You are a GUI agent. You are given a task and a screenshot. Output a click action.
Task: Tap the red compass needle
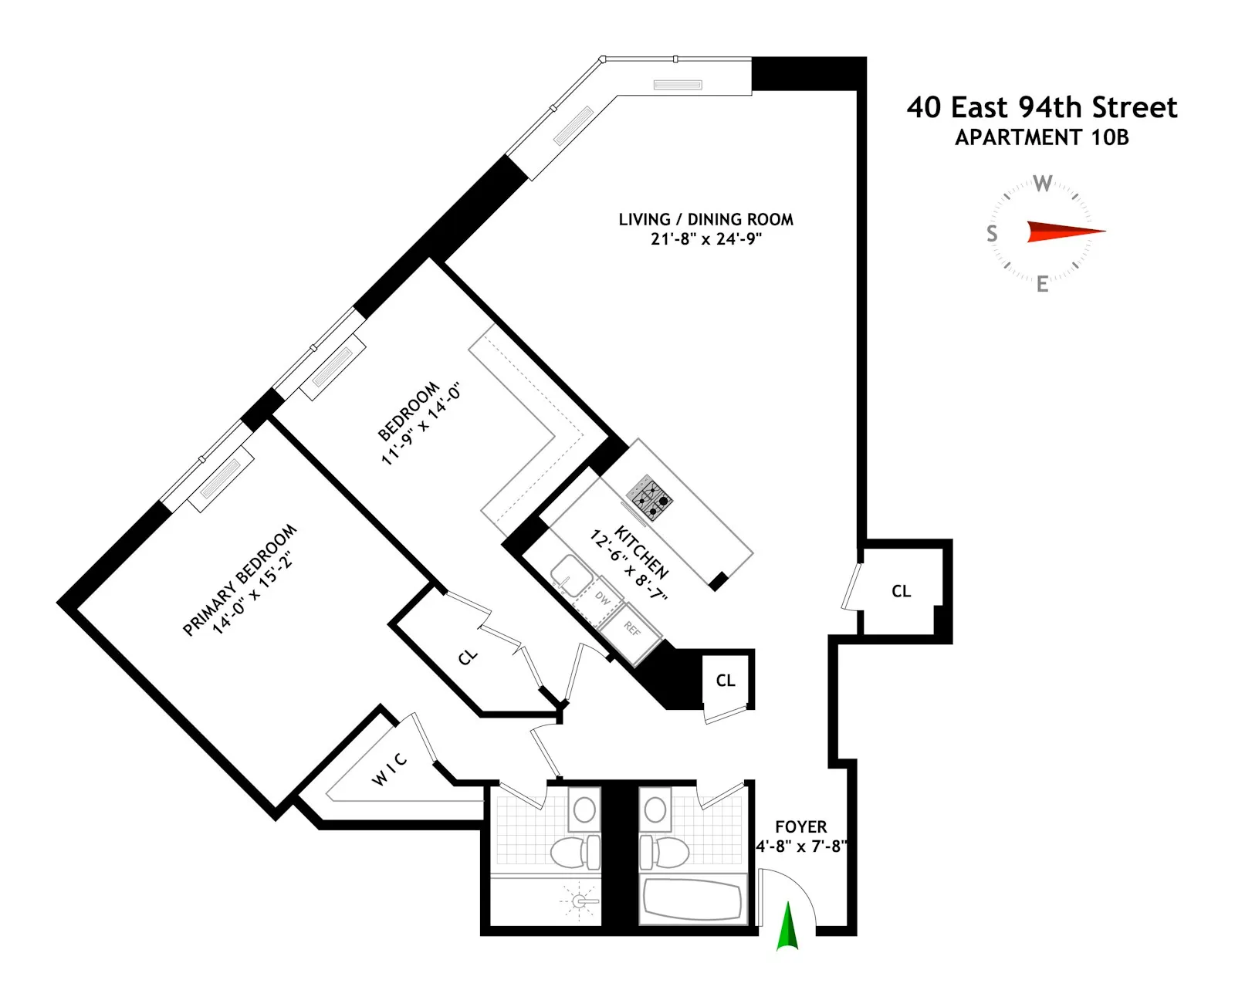1065,231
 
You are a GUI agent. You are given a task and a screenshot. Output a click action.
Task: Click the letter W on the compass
1042,184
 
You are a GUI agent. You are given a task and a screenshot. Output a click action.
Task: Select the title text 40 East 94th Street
1042,107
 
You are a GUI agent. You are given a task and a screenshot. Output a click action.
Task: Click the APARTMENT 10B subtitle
1042,137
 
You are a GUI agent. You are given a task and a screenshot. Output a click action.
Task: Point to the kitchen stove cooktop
649,496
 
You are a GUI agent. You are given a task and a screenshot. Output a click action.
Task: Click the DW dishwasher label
603,598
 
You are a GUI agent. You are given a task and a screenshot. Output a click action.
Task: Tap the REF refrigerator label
632,630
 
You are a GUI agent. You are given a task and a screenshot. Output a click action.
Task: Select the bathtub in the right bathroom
692,901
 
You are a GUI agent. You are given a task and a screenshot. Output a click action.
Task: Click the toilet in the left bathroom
575,852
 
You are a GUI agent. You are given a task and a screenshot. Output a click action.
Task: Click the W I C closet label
390,769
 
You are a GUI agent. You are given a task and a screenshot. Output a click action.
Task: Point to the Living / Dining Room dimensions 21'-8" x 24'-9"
705,239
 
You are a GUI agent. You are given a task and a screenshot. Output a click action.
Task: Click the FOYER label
800,827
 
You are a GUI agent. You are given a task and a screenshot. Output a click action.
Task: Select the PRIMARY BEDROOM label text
239,580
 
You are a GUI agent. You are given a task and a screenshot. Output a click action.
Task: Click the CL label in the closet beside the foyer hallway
901,591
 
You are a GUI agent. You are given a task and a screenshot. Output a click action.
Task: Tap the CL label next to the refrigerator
726,681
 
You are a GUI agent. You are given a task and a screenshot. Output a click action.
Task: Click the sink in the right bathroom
655,809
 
